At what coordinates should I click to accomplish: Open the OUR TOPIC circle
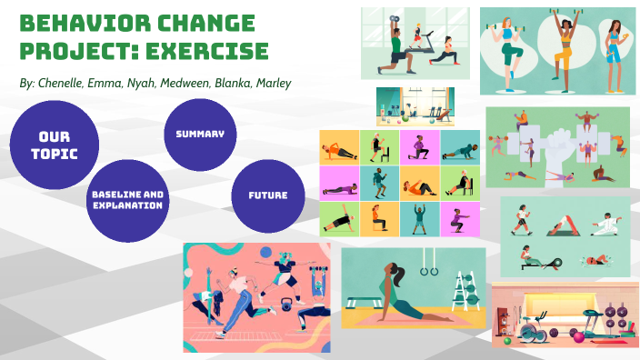[x=54, y=145]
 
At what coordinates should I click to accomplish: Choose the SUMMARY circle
[x=199, y=135]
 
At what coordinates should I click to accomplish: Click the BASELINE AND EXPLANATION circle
[x=127, y=200]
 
